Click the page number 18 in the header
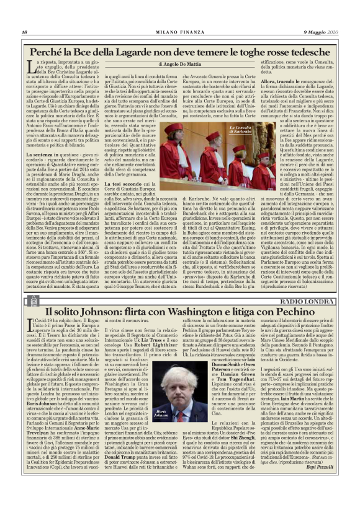24,32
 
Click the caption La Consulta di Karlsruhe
240,129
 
